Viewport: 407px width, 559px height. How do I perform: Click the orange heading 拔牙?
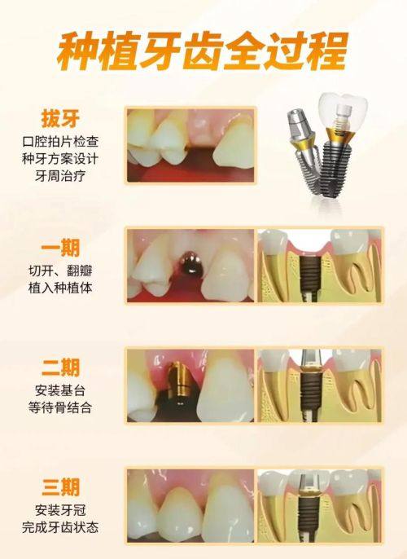coord(60,119)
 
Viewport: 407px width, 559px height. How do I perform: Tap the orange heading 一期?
coord(60,248)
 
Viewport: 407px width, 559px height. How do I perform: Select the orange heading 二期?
coord(60,368)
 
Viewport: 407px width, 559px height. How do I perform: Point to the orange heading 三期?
coord(60,487)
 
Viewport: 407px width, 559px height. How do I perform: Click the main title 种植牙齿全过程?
coord(202,51)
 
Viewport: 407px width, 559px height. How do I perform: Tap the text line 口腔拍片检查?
coord(60,142)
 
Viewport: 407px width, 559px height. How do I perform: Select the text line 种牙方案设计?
coord(60,159)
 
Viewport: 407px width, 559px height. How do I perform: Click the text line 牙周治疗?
coord(60,176)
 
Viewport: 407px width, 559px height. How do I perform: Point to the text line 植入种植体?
coord(60,288)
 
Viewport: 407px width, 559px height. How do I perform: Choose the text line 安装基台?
coord(60,390)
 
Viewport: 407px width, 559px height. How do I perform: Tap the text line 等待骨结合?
coord(60,407)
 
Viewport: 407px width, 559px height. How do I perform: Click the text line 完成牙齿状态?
coord(60,527)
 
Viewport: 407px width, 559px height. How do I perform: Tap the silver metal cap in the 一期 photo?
coord(189,262)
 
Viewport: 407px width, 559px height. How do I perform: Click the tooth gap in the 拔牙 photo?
coord(200,156)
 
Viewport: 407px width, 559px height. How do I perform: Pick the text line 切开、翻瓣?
coord(60,271)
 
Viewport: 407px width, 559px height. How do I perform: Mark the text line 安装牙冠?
coord(60,510)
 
